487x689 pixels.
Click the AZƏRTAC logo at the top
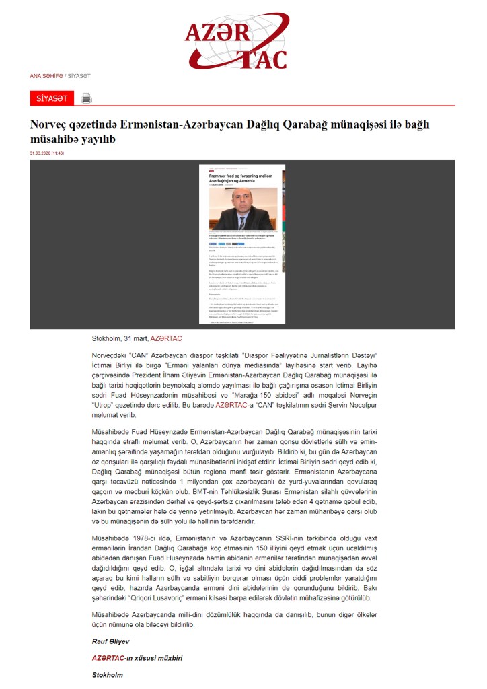click(x=237, y=42)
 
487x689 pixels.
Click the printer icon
click(x=86, y=99)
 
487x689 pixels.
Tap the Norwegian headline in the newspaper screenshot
click(x=240, y=178)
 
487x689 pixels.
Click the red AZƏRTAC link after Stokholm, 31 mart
click(x=166, y=338)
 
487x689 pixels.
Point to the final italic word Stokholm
click(x=108, y=674)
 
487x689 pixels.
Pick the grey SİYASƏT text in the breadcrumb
click(x=79, y=76)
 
